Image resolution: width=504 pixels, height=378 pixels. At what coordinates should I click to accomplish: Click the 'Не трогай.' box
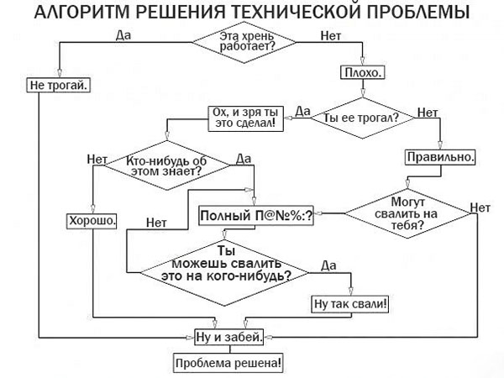[x=58, y=85]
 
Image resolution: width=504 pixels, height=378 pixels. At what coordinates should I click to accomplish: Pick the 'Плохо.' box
[x=362, y=73]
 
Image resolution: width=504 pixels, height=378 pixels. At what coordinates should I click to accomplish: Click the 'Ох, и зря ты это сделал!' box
[x=246, y=118]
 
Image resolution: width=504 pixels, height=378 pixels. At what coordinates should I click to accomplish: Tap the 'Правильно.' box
[x=441, y=157]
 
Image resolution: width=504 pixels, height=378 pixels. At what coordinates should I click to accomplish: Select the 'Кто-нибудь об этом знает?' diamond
[x=165, y=165]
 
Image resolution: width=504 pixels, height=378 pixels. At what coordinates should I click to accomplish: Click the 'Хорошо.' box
[x=92, y=221]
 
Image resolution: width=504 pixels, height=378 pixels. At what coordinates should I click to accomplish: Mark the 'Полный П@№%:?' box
[x=256, y=216]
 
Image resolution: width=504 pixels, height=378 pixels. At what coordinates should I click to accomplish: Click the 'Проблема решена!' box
[x=228, y=365]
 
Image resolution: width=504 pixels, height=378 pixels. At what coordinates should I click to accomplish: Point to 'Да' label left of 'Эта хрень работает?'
[x=123, y=35]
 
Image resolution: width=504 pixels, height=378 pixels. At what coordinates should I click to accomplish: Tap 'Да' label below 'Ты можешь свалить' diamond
[x=328, y=265]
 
